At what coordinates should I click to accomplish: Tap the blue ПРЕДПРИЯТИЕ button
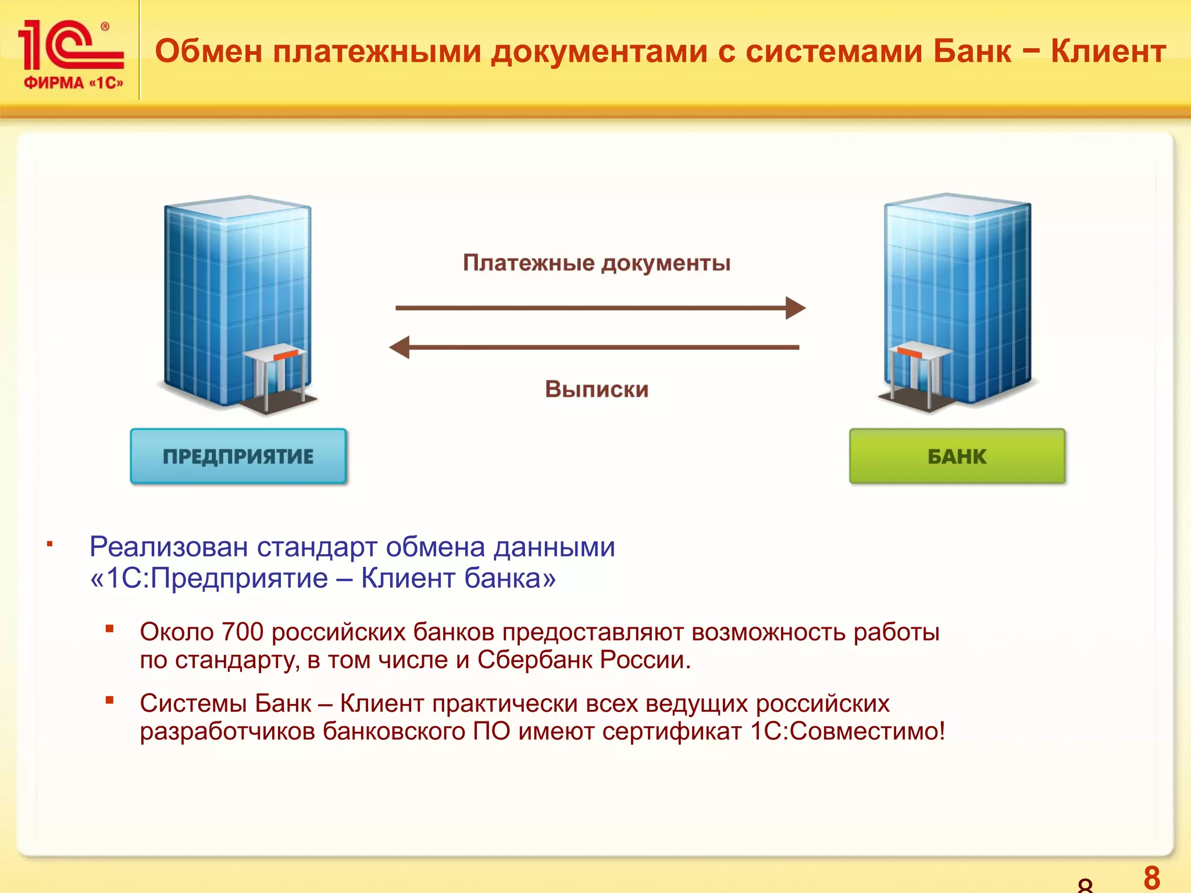coord(238,456)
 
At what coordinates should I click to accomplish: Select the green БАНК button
coord(957,456)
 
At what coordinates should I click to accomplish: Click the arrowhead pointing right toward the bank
coord(795,308)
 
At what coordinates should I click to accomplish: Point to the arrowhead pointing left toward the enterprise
coord(400,347)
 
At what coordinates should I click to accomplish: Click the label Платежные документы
coord(597,263)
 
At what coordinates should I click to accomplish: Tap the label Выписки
coord(597,389)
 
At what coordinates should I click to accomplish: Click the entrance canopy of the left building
coord(273,355)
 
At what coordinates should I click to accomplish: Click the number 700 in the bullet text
coord(243,632)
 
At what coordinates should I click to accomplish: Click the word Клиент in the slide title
coord(1108,51)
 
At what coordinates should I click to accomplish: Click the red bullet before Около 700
coord(109,628)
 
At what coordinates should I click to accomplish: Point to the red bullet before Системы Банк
coord(109,700)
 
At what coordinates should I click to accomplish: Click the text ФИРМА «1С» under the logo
coord(73,83)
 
